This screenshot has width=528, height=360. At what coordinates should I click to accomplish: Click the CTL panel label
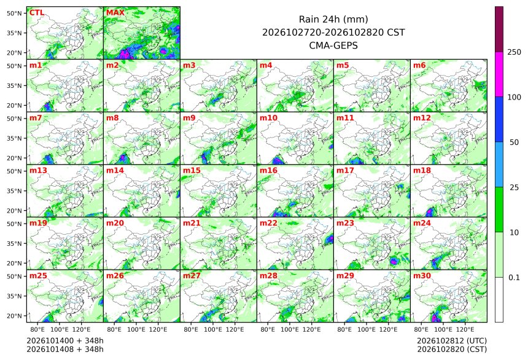click(x=37, y=13)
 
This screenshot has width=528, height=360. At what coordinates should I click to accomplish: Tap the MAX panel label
click(x=115, y=13)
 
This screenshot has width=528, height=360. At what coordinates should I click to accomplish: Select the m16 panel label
click(x=268, y=171)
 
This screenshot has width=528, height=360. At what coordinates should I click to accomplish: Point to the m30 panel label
click(x=422, y=276)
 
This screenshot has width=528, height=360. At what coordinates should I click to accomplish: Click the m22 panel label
click(x=268, y=223)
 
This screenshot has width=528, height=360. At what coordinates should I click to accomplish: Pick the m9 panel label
click(x=189, y=118)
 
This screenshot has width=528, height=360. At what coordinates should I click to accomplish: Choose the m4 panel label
click(x=266, y=65)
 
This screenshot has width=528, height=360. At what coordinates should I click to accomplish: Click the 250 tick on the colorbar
click(x=514, y=52)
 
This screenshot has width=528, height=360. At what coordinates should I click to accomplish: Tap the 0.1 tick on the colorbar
click(x=514, y=278)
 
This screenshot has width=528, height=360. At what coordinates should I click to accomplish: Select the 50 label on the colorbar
click(x=514, y=143)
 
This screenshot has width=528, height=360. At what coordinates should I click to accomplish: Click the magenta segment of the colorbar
click(x=499, y=74)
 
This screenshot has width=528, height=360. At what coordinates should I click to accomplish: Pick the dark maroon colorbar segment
click(x=499, y=29)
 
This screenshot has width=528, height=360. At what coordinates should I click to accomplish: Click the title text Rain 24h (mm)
click(x=333, y=19)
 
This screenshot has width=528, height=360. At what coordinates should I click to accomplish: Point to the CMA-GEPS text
click(x=333, y=45)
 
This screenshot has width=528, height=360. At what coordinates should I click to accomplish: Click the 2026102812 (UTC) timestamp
click(x=452, y=341)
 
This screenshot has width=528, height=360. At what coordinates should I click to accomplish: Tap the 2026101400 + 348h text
click(x=65, y=341)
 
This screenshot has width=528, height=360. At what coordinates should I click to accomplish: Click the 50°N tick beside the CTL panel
click(x=14, y=13)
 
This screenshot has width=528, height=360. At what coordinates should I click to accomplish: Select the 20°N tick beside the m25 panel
click(x=14, y=316)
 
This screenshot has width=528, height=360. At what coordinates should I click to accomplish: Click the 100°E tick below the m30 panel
click(x=443, y=329)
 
